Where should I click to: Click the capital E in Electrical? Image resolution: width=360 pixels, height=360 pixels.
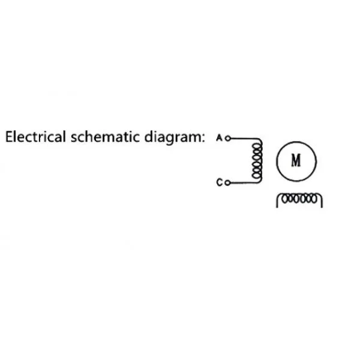pyautogui.click(x=10, y=137)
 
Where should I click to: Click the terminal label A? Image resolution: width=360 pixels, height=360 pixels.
pyautogui.click(x=220, y=137)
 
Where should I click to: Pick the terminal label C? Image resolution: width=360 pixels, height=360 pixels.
pyautogui.click(x=220, y=182)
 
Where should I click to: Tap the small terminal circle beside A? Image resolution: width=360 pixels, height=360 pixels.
pyautogui.click(x=227, y=137)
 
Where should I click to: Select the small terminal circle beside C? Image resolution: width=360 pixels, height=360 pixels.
pyautogui.click(x=227, y=182)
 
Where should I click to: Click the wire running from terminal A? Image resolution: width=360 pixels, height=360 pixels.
pyautogui.click(x=243, y=137)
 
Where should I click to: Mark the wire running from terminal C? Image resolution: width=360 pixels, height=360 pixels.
pyautogui.click(x=243, y=182)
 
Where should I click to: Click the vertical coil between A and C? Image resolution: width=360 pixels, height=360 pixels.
pyautogui.click(x=257, y=160)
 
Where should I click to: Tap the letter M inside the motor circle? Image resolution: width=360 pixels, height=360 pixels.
pyautogui.click(x=295, y=160)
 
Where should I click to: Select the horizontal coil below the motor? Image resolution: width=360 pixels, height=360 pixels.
pyautogui.click(x=299, y=197)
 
